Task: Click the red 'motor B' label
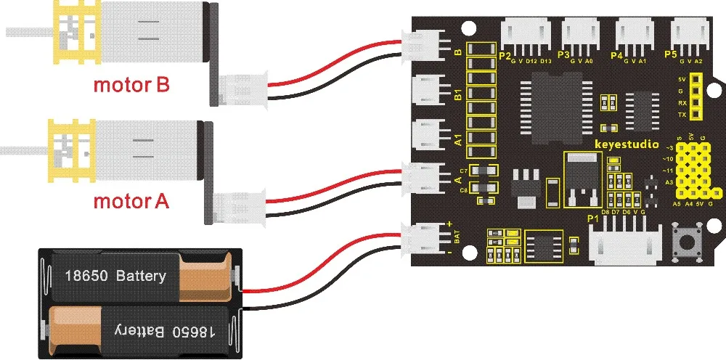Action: click(131, 85)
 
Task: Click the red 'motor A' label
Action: click(131, 200)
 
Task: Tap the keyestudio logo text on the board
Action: click(627, 144)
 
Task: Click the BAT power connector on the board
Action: click(424, 237)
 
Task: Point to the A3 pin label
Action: click(669, 183)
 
